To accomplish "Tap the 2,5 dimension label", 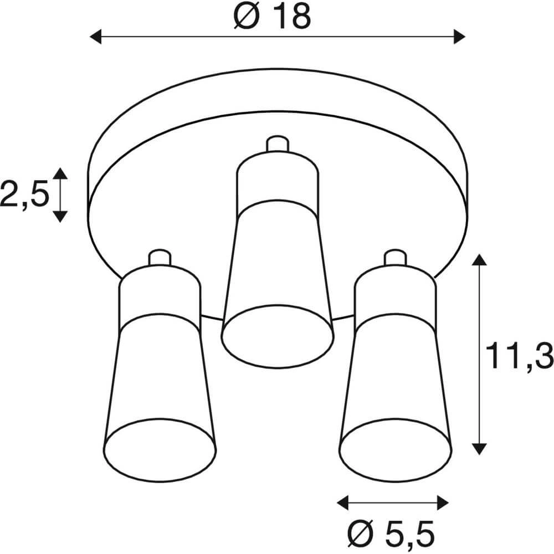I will [24, 194].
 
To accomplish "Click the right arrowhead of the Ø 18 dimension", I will [459, 37].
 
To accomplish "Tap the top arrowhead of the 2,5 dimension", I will [60, 173].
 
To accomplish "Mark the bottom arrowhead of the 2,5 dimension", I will [60, 216].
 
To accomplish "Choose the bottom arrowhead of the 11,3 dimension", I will [480, 448].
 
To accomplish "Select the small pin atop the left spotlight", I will [159, 258].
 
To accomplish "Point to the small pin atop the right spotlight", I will [395, 258].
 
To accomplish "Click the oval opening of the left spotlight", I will [160, 448].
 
